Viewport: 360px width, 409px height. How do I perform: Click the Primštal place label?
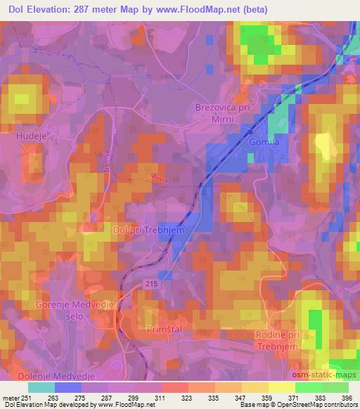(x=165, y=328)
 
